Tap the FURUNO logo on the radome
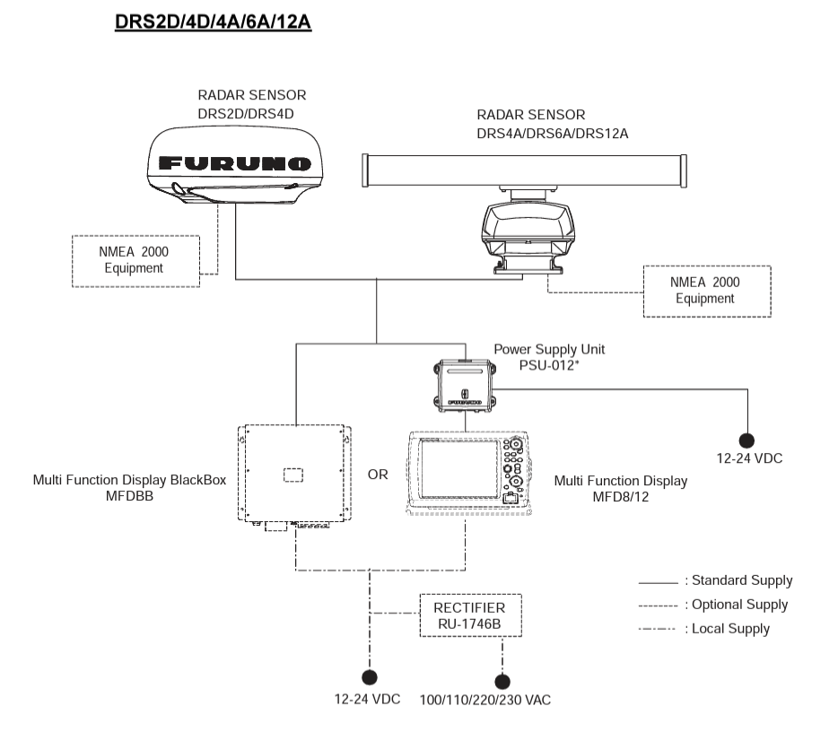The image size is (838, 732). click(x=235, y=164)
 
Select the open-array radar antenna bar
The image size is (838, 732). click(x=524, y=168)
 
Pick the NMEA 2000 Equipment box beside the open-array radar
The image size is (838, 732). click(x=706, y=290)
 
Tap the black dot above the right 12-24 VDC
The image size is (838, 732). click(x=746, y=440)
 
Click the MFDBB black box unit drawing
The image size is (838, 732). click(x=294, y=475)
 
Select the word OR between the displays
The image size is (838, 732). click(x=379, y=474)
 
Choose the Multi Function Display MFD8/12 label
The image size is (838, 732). click(x=621, y=488)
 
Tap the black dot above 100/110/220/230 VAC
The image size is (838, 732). click(x=502, y=681)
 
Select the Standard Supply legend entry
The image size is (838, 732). click(x=715, y=580)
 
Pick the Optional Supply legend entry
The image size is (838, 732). click(x=715, y=605)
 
